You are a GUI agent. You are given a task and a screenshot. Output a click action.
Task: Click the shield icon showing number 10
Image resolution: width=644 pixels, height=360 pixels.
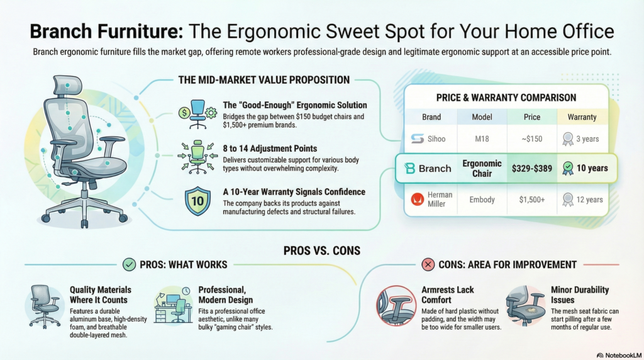click(x=197, y=201)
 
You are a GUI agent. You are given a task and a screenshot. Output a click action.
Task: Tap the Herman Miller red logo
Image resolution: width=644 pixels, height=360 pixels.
click(x=418, y=200)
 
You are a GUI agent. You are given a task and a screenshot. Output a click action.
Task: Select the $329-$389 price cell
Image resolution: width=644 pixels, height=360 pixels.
click(x=532, y=168)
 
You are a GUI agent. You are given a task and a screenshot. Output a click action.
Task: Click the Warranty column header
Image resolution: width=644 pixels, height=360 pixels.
click(x=582, y=117)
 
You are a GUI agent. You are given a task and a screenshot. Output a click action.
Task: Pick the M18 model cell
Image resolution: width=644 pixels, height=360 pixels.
click(x=482, y=139)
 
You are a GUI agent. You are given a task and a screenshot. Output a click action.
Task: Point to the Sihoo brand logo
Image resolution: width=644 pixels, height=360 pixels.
click(x=418, y=139)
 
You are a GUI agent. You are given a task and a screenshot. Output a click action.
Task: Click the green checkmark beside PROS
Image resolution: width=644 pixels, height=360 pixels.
click(x=130, y=264)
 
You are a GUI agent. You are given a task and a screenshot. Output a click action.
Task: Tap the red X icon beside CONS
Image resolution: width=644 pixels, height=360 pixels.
click(x=428, y=264)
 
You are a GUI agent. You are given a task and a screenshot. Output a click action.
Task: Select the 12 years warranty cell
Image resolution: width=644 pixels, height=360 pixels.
click(x=582, y=200)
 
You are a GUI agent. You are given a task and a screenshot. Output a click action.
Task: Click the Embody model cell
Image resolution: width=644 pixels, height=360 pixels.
click(x=482, y=200)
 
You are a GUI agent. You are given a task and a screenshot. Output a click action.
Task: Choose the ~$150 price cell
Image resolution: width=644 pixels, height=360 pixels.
click(x=532, y=139)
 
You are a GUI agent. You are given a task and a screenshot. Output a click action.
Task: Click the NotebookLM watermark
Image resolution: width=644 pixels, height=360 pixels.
click(x=619, y=355)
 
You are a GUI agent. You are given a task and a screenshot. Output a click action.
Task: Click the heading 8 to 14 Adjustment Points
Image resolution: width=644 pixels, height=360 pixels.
click(x=270, y=149)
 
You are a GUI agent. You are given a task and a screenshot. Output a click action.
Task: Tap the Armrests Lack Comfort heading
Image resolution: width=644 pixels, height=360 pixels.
click(x=448, y=295)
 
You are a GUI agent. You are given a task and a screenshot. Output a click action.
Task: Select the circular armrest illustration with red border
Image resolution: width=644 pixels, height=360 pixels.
click(x=396, y=306)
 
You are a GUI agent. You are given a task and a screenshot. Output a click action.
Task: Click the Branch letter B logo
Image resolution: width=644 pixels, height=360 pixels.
click(x=409, y=168)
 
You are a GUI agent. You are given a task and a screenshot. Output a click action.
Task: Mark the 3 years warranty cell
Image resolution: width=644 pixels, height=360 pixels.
click(x=582, y=139)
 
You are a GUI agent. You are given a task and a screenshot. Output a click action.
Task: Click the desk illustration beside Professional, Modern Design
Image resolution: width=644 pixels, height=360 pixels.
click(x=174, y=306)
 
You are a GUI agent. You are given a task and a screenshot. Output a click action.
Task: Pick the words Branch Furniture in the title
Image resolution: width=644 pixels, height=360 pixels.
click(x=106, y=31)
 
